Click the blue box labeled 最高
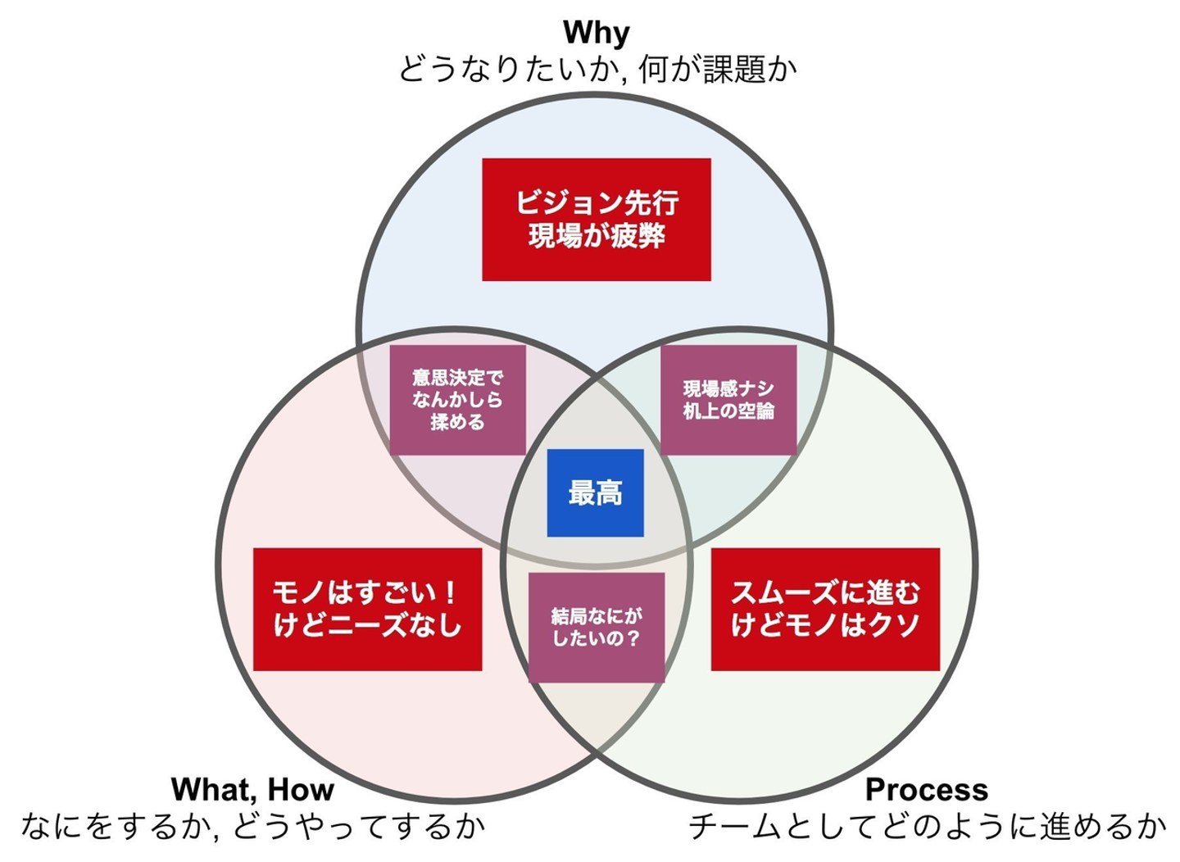click(595, 493)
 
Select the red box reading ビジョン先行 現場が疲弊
click(596, 220)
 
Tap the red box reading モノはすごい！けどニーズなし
click(367, 609)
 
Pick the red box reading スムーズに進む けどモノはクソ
click(824, 609)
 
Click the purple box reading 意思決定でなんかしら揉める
click(457, 400)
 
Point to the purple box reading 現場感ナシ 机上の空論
click(728, 400)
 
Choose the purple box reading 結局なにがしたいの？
click(596, 627)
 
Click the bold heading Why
click(596, 33)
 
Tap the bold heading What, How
click(252, 789)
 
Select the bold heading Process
click(926, 789)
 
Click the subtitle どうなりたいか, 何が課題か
click(597, 69)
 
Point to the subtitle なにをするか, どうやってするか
click(252, 826)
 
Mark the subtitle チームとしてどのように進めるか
click(926, 826)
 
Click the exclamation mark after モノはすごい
click(449, 592)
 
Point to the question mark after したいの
click(631, 637)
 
